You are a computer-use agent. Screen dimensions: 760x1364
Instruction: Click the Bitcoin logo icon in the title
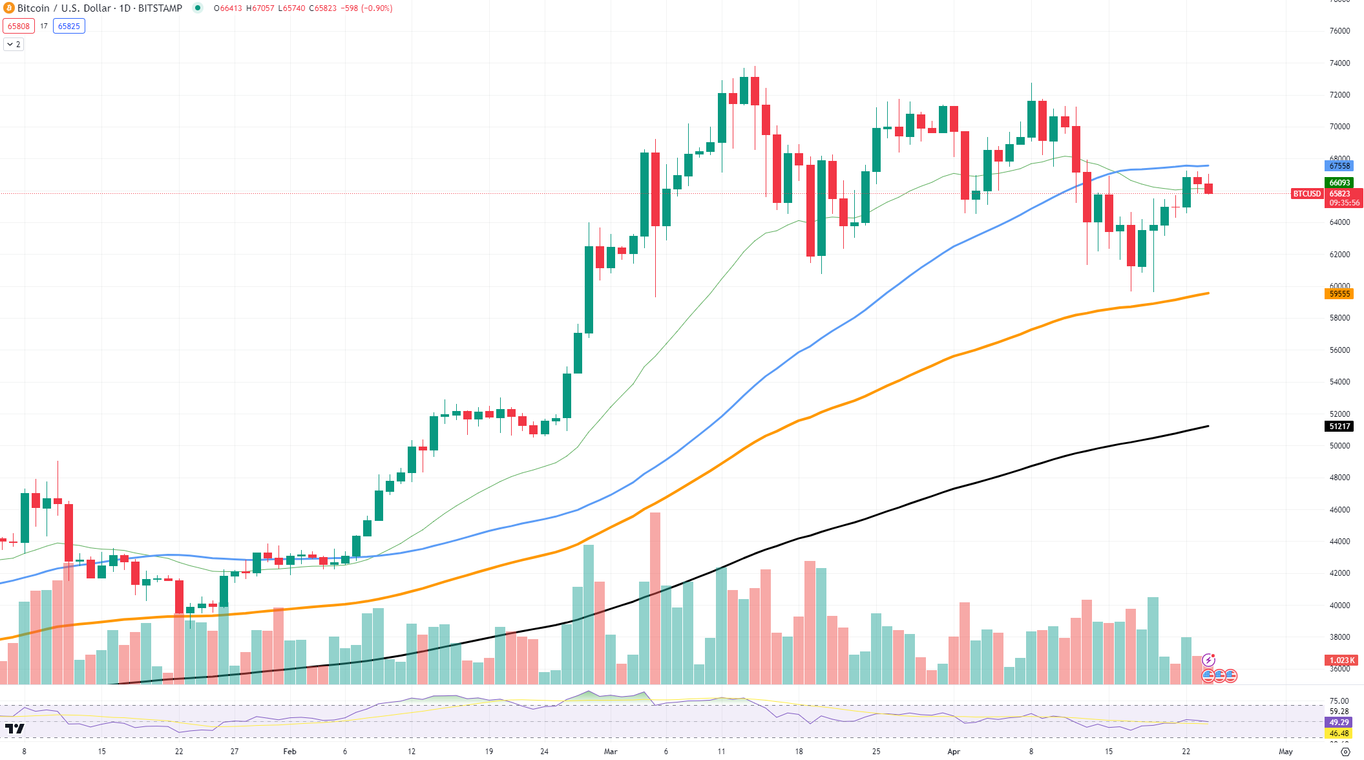9,8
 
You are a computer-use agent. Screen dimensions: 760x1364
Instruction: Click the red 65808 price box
19,26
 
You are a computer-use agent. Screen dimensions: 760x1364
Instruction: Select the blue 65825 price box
69,26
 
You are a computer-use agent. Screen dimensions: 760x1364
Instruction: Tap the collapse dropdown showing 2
14,45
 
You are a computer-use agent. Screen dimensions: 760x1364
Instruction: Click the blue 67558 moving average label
1339,166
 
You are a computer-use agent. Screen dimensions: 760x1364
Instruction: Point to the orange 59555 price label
1339,294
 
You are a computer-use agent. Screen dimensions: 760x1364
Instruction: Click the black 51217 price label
1339,427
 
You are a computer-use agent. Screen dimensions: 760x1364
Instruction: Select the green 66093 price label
1339,183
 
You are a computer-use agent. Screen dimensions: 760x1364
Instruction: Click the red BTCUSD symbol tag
1306,194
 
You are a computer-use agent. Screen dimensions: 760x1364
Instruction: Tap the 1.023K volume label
1341,660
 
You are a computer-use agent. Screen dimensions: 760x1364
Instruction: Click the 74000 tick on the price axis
1339,63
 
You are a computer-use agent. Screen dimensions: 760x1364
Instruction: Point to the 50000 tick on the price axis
1339,446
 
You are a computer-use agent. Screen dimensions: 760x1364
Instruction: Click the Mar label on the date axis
611,752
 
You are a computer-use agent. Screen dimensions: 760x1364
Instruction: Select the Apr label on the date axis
954,752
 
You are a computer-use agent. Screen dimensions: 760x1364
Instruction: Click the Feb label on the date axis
289,752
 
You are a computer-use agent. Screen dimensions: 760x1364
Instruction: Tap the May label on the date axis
1286,752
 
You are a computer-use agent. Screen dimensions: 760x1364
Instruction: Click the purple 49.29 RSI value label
1339,723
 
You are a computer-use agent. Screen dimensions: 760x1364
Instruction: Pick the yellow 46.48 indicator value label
1339,734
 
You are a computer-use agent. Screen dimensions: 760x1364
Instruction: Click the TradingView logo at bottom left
14,729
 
